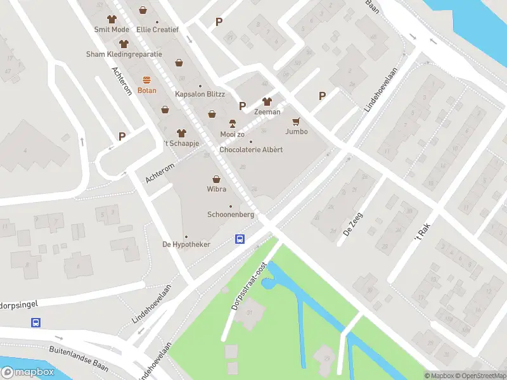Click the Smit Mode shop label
[x=112, y=30]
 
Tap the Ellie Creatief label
[x=158, y=30]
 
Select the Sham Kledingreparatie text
[x=124, y=54]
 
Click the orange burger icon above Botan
[x=147, y=80]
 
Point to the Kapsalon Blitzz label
[x=200, y=94]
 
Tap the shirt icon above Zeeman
[x=267, y=101]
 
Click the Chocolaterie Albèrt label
[x=250, y=149]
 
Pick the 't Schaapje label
[x=182, y=143]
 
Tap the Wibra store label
[x=217, y=189]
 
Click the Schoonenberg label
[x=231, y=215]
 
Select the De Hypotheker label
[x=186, y=244]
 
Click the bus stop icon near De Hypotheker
[x=240, y=239]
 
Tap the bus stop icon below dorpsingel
[x=36, y=322]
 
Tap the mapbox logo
[x=27, y=372]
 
